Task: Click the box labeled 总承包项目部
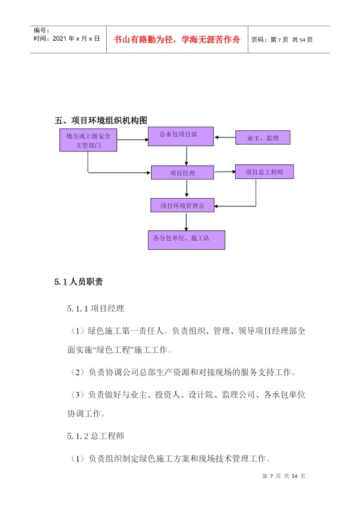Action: [181, 136]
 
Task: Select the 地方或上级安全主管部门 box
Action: [88, 140]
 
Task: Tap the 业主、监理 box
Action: [263, 137]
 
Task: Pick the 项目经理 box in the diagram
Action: [182, 172]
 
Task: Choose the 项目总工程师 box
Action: [264, 172]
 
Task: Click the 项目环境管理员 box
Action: [182, 205]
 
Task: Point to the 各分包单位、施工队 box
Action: [187, 240]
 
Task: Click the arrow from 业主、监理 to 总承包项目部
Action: [225, 137]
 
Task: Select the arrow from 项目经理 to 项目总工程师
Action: [225, 172]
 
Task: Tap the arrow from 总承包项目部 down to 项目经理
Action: [187, 156]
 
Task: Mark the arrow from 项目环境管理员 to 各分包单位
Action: [187, 221]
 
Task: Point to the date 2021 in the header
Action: [59, 38]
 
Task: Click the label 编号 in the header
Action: [40, 31]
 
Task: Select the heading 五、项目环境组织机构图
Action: [101, 121]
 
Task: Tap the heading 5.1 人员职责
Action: [79, 282]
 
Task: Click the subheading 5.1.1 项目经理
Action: [96, 309]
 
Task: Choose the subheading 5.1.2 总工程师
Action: [96, 436]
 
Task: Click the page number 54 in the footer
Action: [295, 476]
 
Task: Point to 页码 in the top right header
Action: [258, 40]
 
